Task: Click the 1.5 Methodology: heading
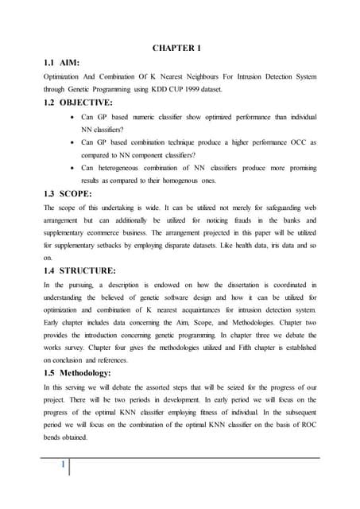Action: (x=87, y=373)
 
